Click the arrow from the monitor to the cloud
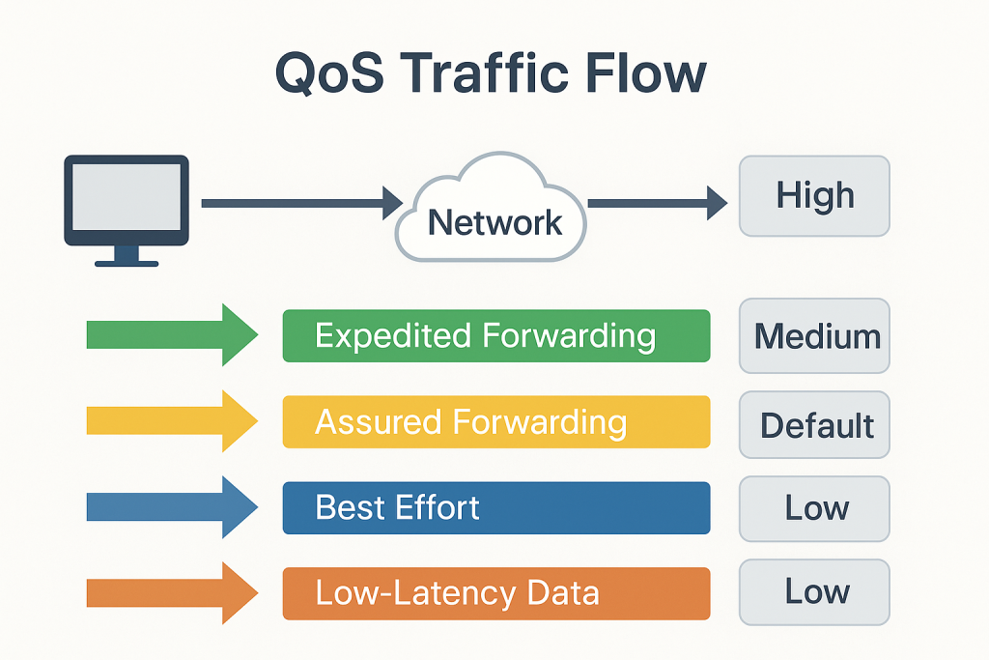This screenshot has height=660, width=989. click(x=299, y=203)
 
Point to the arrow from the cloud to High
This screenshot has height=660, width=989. click(x=657, y=203)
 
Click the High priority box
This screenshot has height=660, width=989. click(x=814, y=196)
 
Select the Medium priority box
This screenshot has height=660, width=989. click(x=814, y=336)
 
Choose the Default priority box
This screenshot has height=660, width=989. click(x=814, y=424)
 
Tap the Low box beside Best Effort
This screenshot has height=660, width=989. click(x=814, y=507)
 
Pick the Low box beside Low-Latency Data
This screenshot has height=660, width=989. click(x=814, y=591)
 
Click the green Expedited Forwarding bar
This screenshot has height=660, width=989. click(x=495, y=336)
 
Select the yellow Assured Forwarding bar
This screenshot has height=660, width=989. click(x=495, y=422)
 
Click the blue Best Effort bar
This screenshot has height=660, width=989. click(x=495, y=507)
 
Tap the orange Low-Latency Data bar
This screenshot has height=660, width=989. click(x=495, y=592)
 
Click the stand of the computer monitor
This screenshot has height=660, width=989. click(x=126, y=257)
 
